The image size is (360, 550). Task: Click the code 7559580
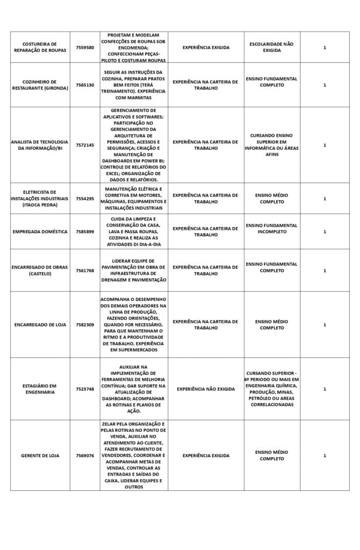point(85,47)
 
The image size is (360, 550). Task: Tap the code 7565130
point(85,85)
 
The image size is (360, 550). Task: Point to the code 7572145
point(85,145)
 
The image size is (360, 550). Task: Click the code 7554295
point(85,199)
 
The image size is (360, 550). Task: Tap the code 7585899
point(85,231)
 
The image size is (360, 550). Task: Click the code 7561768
point(85,271)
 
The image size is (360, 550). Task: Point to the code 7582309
point(85,325)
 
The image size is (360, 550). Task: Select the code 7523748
point(85,389)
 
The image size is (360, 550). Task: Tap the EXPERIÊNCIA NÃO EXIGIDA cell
point(206,389)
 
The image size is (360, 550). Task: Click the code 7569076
point(85,455)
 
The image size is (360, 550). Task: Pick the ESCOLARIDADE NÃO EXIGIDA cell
point(272,47)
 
